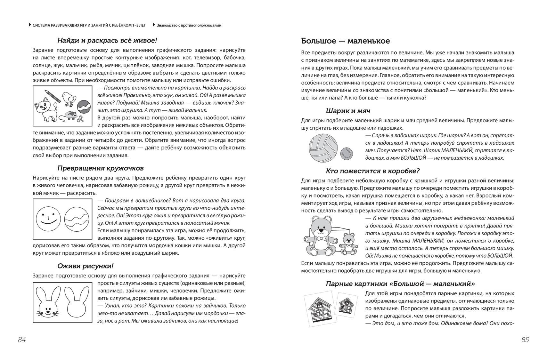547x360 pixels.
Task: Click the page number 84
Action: (x=22, y=340)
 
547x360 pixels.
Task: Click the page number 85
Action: (x=525, y=340)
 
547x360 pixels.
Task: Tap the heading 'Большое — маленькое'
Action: (x=346, y=41)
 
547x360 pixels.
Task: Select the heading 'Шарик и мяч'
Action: (x=348, y=111)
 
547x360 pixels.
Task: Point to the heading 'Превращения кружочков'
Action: (x=101, y=168)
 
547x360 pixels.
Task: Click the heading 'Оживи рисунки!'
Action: (x=85, y=266)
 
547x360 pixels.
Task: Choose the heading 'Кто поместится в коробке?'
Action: (x=373, y=171)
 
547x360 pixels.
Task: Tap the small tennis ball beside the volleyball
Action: (x=346, y=153)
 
